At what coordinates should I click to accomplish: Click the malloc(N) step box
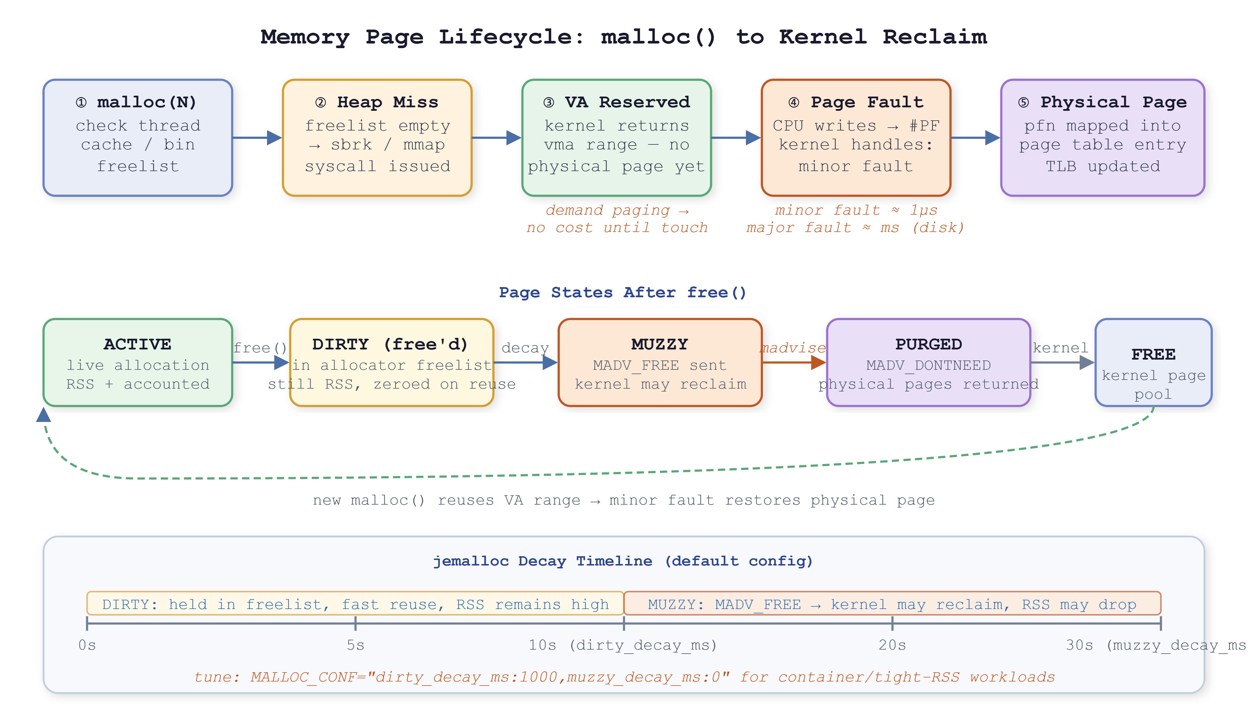(138, 137)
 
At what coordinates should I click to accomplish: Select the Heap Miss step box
(377, 137)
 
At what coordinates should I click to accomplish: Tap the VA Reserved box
(616, 137)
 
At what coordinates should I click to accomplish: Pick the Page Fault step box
(856, 137)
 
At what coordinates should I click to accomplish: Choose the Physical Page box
(1102, 137)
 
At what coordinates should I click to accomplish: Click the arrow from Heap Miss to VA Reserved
(497, 137)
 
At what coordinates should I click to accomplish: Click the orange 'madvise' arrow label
(793, 348)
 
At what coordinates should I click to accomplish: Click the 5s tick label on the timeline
(356, 645)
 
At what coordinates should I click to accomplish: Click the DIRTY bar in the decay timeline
(355, 603)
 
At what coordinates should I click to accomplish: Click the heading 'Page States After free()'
(623, 293)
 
